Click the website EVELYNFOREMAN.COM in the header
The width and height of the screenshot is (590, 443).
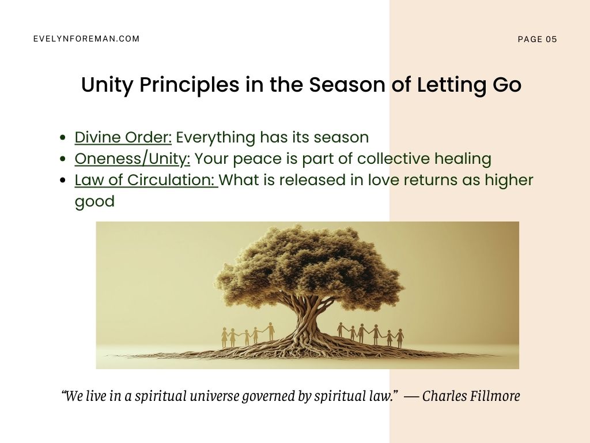coord(86,39)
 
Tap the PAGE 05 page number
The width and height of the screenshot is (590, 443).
coord(537,39)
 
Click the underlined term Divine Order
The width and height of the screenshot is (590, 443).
coord(123,137)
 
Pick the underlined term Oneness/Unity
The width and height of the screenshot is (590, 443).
coord(133,159)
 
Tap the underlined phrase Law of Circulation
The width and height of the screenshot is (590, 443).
coord(146,180)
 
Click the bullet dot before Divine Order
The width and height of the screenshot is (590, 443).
coord(63,138)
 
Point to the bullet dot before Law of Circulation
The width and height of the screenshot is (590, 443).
coord(63,181)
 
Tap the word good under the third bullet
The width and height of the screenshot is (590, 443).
coord(94,201)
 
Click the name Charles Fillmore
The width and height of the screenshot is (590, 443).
coord(471,396)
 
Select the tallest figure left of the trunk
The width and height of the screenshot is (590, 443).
coord(271,332)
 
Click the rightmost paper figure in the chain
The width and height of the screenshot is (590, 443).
coord(400,338)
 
